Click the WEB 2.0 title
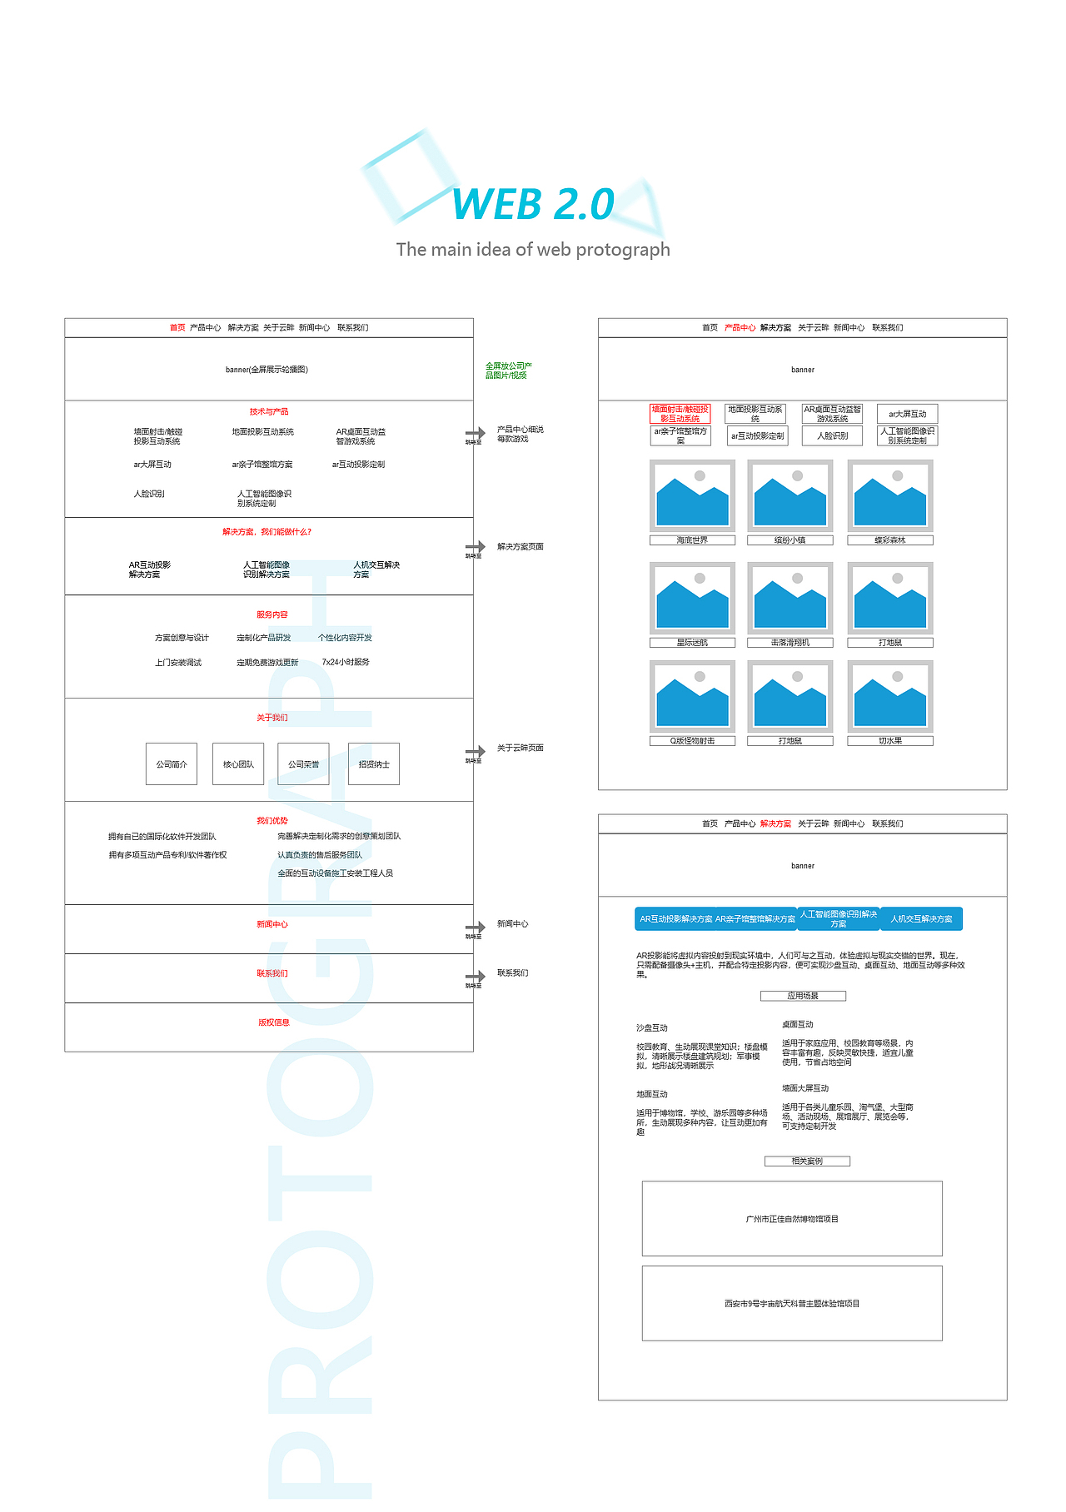coord(533,205)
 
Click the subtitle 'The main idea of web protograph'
coord(533,250)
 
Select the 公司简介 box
coord(172,763)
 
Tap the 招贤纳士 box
coord(374,763)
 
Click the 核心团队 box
coord(238,763)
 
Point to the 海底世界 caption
coord(692,540)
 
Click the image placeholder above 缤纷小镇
coord(790,495)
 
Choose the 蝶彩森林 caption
coord(890,540)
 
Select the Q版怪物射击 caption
coord(692,741)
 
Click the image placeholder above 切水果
coord(890,696)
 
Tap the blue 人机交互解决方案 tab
coord(921,918)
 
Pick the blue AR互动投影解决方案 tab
coord(675,918)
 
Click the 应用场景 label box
coord(803,996)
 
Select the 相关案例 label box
coord(807,1161)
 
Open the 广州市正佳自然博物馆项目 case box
coord(792,1218)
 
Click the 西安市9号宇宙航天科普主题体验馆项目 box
coord(792,1303)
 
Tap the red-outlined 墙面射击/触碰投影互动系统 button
coord(680,414)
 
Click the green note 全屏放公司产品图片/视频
coord(507,371)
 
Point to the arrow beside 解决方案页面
coord(476,547)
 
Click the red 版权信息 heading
coord(273,1022)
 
